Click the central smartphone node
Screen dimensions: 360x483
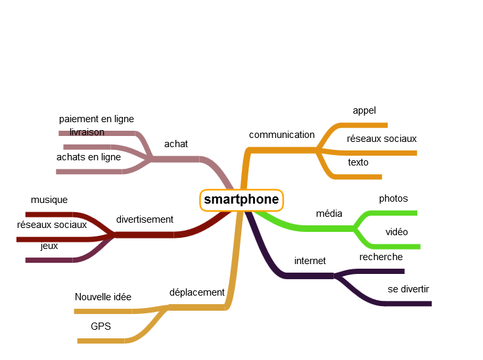pos(241,200)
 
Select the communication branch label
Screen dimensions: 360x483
pos(282,135)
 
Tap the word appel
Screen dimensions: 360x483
pos(364,110)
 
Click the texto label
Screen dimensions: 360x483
pos(358,162)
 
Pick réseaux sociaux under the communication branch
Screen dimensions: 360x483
pos(382,139)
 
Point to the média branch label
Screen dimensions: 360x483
pos(329,214)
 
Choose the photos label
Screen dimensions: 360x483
pos(393,198)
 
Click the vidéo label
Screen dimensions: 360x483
pos(396,232)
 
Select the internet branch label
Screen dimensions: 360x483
pos(310,261)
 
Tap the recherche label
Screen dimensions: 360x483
pos(381,257)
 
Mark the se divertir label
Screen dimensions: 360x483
pos(408,289)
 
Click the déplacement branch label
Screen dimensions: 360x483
pos(197,292)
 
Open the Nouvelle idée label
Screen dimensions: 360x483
pos(103,297)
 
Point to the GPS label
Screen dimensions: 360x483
pos(101,326)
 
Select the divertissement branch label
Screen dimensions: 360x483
pos(145,219)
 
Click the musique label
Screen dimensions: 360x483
pos(49,200)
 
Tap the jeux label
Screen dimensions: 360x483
pos(49,246)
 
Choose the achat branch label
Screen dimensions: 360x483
pos(176,144)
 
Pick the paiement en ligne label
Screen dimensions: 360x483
pos(97,119)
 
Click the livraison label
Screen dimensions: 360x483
pos(87,132)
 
